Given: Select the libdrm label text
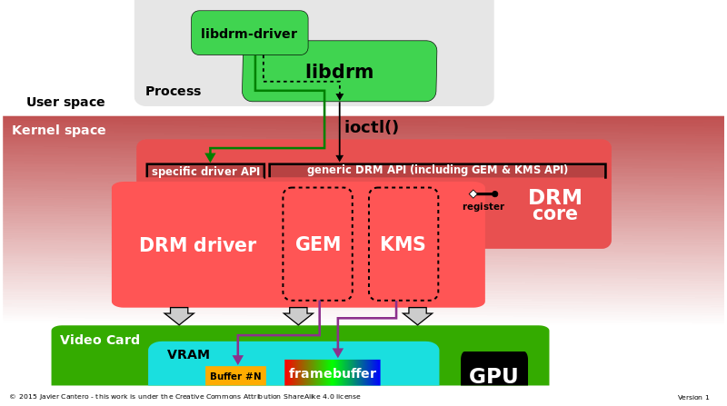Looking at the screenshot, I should (x=339, y=72).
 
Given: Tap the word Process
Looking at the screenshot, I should (x=173, y=91).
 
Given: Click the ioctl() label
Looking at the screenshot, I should (x=371, y=127).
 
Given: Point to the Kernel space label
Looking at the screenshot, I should (x=58, y=130).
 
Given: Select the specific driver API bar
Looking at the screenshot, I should (x=205, y=171).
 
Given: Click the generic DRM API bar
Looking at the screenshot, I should (x=437, y=170).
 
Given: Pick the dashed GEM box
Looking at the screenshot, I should (x=317, y=243).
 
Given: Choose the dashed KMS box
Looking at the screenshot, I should (x=403, y=243).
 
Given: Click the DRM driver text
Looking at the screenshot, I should (x=197, y=245).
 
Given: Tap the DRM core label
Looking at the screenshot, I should (x=555, y=205).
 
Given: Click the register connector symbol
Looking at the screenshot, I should (x=483, y=193).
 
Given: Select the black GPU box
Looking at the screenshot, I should (x=493, y=370).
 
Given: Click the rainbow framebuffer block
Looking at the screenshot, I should (x=332, y=372).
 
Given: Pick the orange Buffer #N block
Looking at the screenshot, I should (x=235, y=376).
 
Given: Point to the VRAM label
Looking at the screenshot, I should (x=188, y=354).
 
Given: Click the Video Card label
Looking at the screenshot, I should (x=100, y=340).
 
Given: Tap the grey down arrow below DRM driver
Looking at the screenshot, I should (x=179, y=315).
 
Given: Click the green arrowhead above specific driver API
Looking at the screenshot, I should (x=210, y=155).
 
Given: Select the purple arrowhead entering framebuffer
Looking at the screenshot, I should (x=337, y=352).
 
